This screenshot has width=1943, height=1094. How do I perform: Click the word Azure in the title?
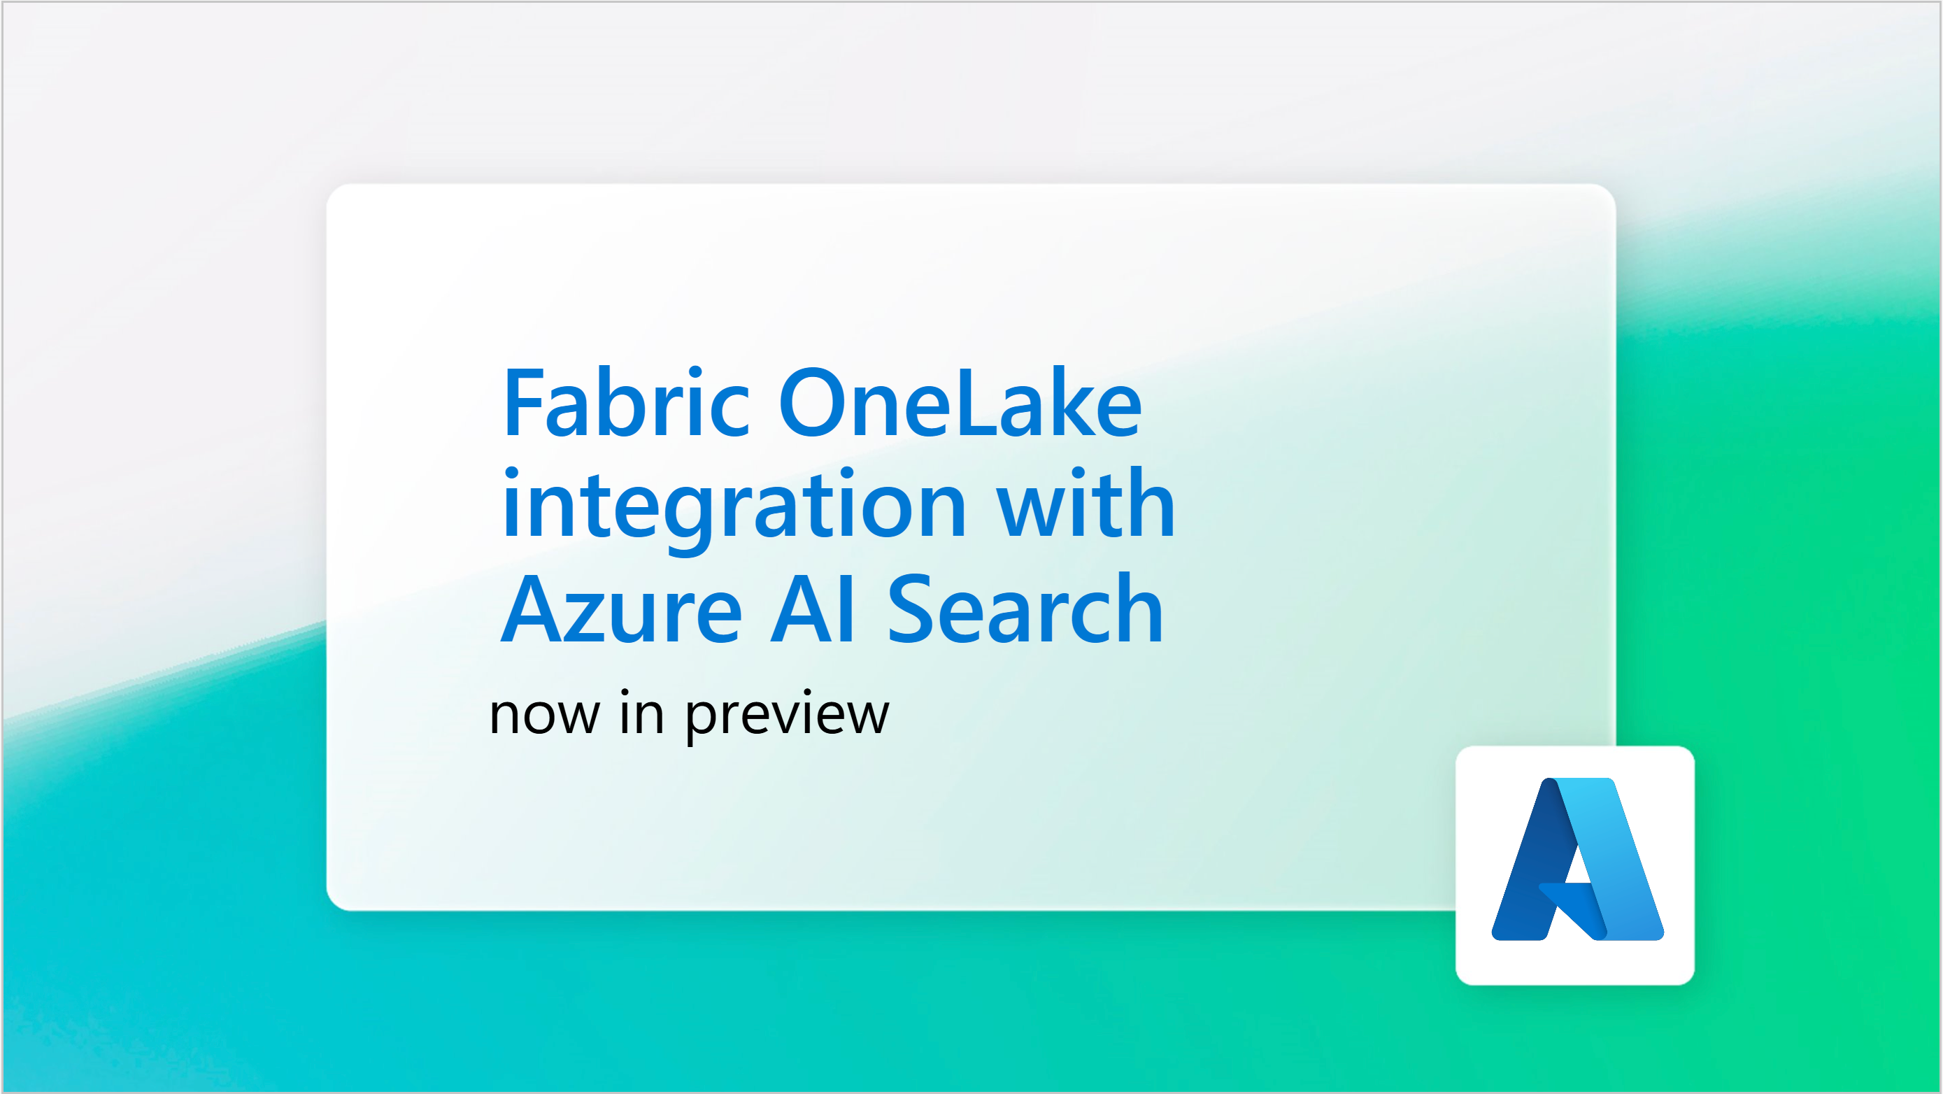pos(622,610)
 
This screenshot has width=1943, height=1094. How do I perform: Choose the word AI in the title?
pos(813,610)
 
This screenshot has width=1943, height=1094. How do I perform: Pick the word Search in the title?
pos(1025,610)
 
